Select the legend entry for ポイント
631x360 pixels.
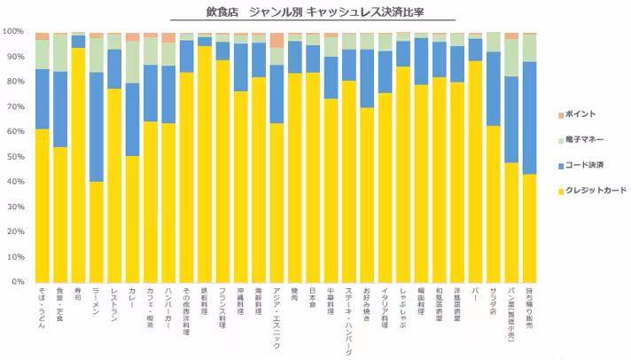(x=580, y=115)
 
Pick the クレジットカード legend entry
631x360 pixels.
(x=588, y=190)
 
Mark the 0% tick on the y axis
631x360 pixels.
(x=17, y=281)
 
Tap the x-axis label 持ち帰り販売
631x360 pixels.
(x=529, y=307)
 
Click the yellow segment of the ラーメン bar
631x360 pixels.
(x=97, y=231)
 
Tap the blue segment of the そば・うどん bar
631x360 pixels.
(x=42, y=98)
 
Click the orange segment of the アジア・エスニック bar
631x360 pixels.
(x=277, y=40)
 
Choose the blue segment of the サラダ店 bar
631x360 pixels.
(x=493, y=89)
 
